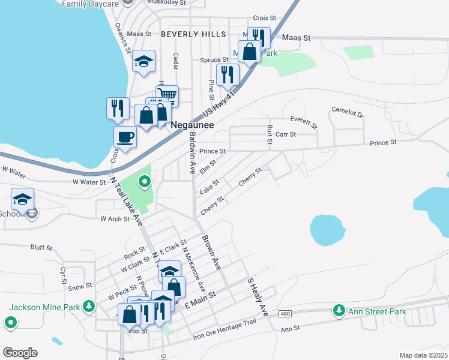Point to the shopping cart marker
point(167,95)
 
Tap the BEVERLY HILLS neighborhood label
point(193,34)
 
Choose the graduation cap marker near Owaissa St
point(144,61)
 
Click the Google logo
point(20,352)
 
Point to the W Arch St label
point(115,219)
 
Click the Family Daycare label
point(89,4)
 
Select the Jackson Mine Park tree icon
point(89,307)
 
